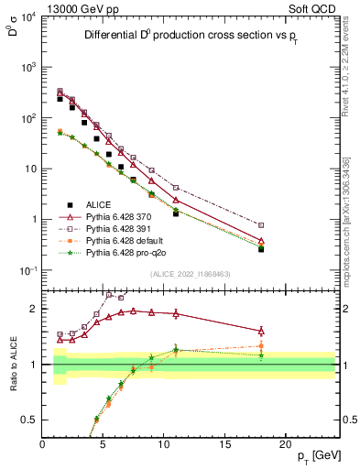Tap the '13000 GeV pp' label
coord(73,8)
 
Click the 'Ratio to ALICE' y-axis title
coord(11,364)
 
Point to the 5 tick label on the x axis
coord(103,442)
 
